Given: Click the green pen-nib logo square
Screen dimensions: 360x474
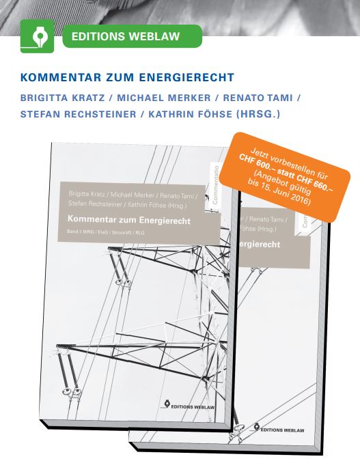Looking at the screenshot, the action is click(x=37, y=36).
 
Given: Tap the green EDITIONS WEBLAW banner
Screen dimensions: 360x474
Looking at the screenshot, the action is click(x=132, y=36).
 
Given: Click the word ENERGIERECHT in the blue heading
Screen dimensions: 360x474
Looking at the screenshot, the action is click(x=186, y=77).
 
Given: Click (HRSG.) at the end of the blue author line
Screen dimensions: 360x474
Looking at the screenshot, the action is click(x=258, y=114).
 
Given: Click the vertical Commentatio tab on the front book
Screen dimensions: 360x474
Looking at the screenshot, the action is click(x=215, y=184).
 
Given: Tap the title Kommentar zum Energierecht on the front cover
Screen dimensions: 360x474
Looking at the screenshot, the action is click(x=129, y=220).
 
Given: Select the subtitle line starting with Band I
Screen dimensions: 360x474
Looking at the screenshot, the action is click(x=106, y=232).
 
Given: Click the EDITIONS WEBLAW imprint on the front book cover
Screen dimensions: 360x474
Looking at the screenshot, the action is click(x=189, y=405).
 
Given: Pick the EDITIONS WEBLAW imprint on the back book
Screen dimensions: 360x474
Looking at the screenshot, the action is click(x=278, y=428).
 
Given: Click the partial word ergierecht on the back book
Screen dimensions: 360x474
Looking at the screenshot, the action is click(x=260, y=245).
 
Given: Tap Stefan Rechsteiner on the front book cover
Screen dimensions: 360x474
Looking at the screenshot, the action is click(x=95, y=204).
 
